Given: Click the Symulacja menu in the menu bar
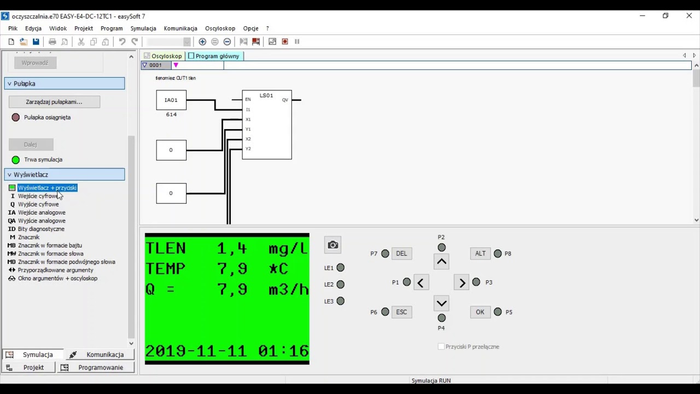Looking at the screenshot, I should [x=143, y=28].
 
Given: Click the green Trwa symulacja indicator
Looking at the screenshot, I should [x=16, y=160].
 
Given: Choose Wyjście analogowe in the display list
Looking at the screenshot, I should [x=42, y=221].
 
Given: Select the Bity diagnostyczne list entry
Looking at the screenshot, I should [x=41, y=229].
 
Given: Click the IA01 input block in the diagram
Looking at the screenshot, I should [x=171, y=100].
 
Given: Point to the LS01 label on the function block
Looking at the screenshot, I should [x=266, y=96].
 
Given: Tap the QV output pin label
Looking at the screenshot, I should [x=285, y=100].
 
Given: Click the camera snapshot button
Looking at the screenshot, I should [x=332, y=245].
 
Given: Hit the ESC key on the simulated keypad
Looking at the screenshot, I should [x=401, y=312].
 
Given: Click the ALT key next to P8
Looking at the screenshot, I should [x=480, y=253].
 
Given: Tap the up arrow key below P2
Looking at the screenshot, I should [x=442, y=262].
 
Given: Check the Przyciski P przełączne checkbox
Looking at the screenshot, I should [x=441, y=346].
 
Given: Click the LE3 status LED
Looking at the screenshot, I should [x=341, y=301].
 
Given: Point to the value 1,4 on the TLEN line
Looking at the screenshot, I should [x=232, y=248].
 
